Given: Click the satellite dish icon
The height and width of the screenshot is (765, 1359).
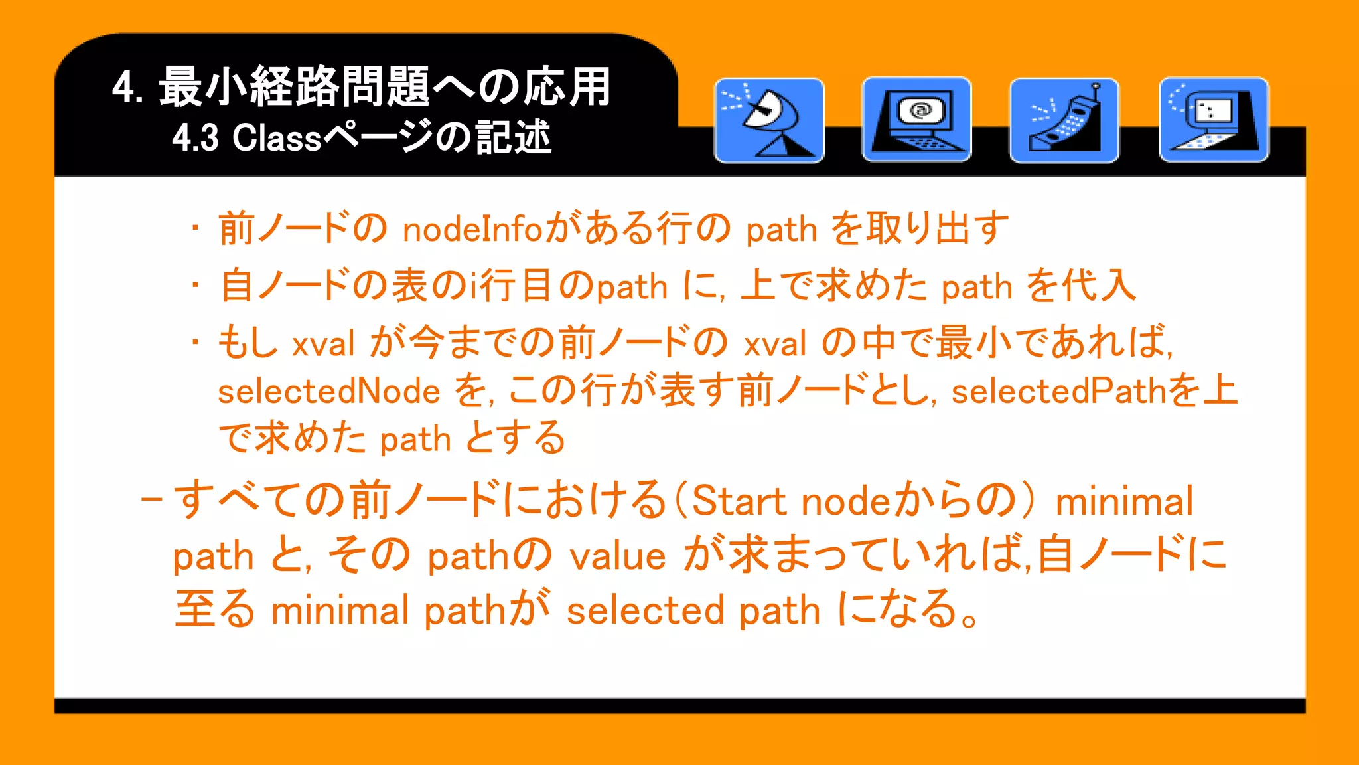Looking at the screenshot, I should (769, 120).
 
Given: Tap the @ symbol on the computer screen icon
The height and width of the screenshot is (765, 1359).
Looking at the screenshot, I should (920, 110).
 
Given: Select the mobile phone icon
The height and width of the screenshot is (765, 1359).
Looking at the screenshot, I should (1064, 120).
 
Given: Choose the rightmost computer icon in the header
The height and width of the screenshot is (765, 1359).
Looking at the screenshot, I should (1213, 120).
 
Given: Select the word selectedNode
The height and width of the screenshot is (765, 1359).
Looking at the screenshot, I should (329, 391).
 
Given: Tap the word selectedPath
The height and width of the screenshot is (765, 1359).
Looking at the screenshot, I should (1059, 391).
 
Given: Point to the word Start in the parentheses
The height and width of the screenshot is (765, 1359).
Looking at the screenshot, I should (739, 501).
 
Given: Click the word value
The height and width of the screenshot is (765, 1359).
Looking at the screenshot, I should (618, 556).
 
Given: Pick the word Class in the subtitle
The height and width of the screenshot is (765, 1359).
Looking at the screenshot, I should (277, 138).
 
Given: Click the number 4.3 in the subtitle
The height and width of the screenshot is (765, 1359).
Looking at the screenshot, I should (195, 138).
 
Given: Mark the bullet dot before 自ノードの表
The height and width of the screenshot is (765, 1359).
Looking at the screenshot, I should (195, 286).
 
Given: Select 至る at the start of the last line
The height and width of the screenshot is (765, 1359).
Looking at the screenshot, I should (215, 609).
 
